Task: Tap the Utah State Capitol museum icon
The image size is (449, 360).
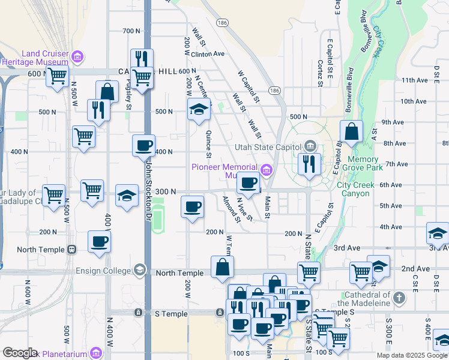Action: pos(310,146)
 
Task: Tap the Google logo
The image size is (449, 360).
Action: pos(20,353)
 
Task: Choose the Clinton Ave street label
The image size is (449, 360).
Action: pos(208,53)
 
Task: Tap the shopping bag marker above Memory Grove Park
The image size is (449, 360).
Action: pos(351,131)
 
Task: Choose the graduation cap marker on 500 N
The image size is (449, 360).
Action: pos(199,109)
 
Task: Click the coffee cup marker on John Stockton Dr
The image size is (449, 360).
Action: pos(144,145)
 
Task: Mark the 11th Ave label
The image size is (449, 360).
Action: pos(414,80)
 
